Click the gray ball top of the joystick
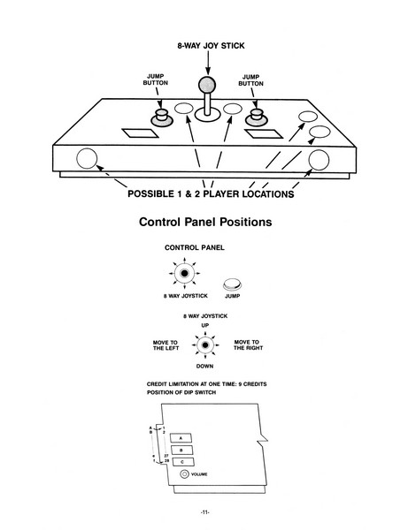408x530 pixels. click(x=207, y=85)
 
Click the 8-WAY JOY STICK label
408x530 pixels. click(x=211, y=46)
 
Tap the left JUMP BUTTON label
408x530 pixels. click(x=156, y=79)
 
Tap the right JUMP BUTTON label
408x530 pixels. click(x=250, y=80)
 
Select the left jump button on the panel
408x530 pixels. click(x=162, y=118)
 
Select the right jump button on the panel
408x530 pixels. click(x=257, y=117)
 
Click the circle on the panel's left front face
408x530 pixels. click(x=87, y=158)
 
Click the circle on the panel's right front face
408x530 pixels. click(x=319, y=160)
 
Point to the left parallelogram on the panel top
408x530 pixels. click(x=140, y=133)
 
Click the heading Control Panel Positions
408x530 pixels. click(x=205, y=222)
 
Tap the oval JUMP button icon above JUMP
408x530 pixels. click(x=232, y=284)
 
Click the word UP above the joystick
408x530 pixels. click(x=205, y=325)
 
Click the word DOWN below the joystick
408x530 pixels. click(x=204, y=366)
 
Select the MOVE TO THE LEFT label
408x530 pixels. click(x=166, y=345)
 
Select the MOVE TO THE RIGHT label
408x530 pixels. click(x=248, y=344)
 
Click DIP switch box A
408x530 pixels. click(x=181, y=438)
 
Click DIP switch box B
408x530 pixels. click(x=181, y=450)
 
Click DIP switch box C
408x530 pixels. click(x=183, y=462)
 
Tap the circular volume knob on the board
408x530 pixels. click(x=185, y=474)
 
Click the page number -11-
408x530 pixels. click(x=204, y=512)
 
